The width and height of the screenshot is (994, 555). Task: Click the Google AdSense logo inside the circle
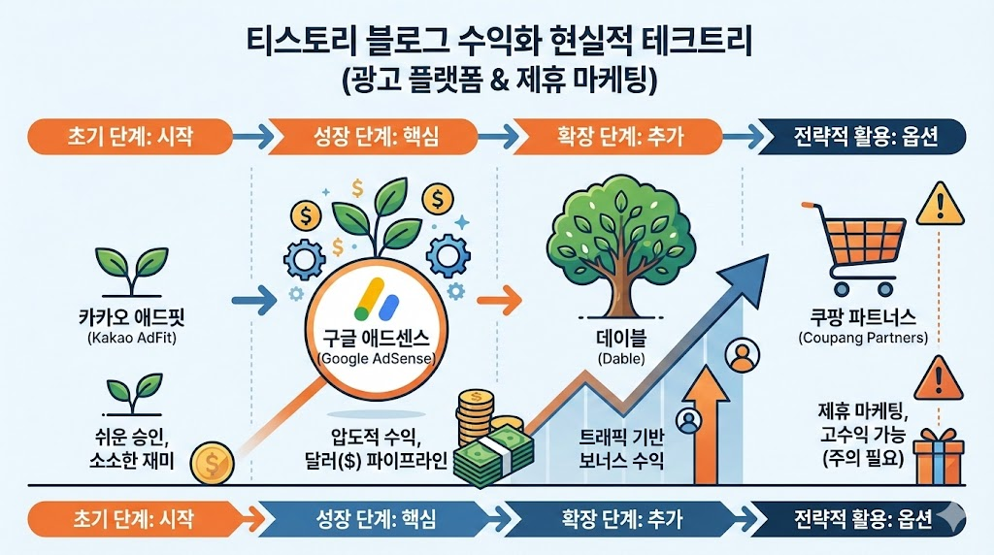(376, 303)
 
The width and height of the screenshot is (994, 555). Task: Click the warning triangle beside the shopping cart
(936, 205)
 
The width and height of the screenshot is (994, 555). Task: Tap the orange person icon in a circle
(743, 354)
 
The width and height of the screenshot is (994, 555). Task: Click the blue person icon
(688, 420)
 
